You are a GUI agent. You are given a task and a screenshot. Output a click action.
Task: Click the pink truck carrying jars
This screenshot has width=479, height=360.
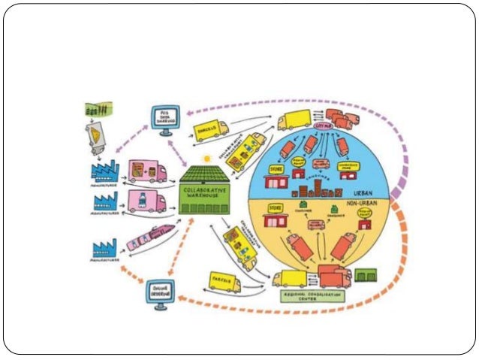click(146, 171)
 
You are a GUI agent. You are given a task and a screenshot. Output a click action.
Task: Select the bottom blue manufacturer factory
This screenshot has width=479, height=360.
click(104, 249)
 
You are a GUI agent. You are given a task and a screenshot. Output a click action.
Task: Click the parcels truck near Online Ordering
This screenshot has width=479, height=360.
click(221, 282)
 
